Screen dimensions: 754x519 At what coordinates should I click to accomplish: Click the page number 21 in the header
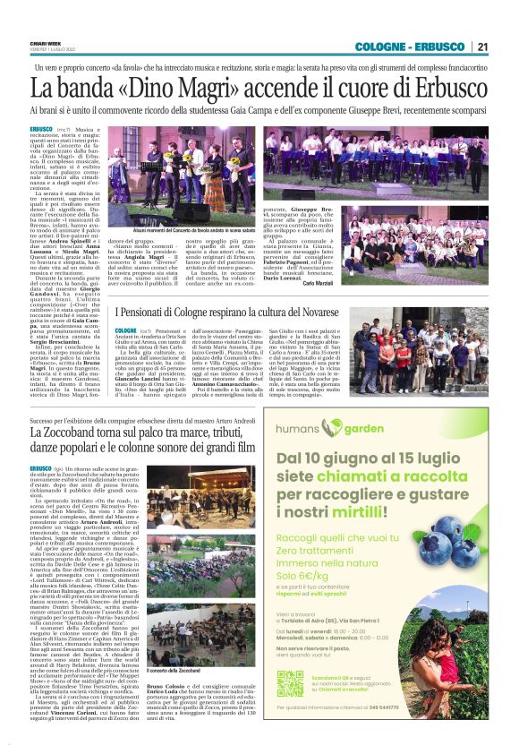pyautogui.click(x=482, y=47)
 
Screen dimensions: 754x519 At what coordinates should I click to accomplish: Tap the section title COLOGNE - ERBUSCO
pyautogui.click(x=411, y=47)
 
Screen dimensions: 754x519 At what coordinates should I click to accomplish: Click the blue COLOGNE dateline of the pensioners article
pyautogui.click(x=125, y=331)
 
